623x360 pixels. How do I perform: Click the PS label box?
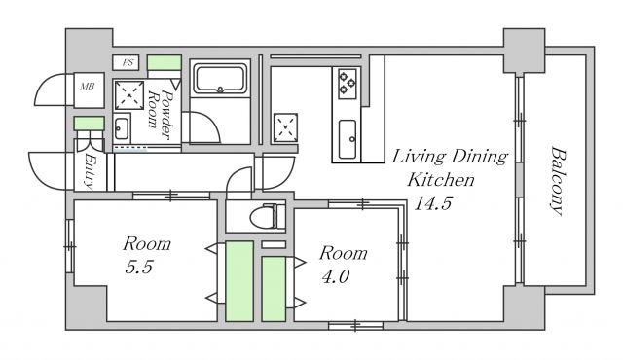pos(126,62)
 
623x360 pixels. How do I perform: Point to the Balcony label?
pos(558,181)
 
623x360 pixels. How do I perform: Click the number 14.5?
pos(432,203)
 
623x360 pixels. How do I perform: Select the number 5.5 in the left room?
pos(138,267)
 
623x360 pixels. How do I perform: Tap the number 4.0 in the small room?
pos(335,276)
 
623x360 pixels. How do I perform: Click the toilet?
pos(268,216)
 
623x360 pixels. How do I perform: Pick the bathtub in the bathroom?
pos(220,80)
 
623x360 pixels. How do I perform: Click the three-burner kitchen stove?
pos(348,84)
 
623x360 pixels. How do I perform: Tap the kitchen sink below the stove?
pos(348,139)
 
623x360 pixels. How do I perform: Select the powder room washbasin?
pos(121,128)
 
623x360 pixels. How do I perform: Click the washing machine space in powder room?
pos(129,95)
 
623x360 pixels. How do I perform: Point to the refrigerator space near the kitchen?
pos(285,127)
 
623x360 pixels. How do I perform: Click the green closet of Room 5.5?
pos(239,280)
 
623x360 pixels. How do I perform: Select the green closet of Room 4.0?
pos(274,289)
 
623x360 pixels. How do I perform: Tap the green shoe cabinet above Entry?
pos(90,123)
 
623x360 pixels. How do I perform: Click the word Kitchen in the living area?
pos(441,180)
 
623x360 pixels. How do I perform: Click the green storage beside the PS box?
pos(165,62)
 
